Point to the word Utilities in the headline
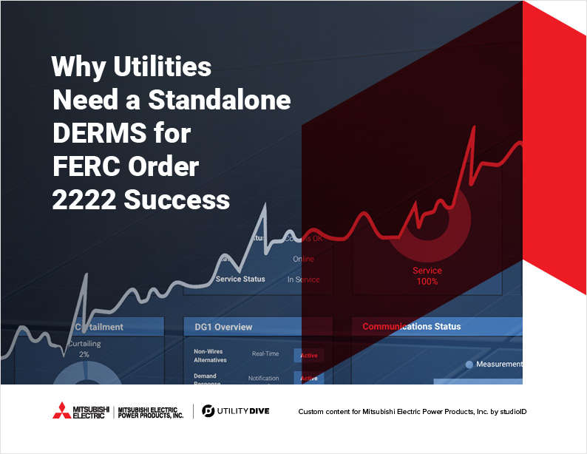coord(163,67)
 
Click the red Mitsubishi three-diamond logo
coord(65,410)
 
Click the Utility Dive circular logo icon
coord(208,410)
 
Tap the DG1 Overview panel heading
coord(223,327)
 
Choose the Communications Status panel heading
coord(411,326)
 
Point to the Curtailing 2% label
coord(84,349)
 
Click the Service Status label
coord(240,279)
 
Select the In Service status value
coord(303,279)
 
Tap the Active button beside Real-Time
coord(308,356)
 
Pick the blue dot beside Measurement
coord(469,365)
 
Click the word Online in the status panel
coord(303,259)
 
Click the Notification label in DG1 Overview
coord(263,379)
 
